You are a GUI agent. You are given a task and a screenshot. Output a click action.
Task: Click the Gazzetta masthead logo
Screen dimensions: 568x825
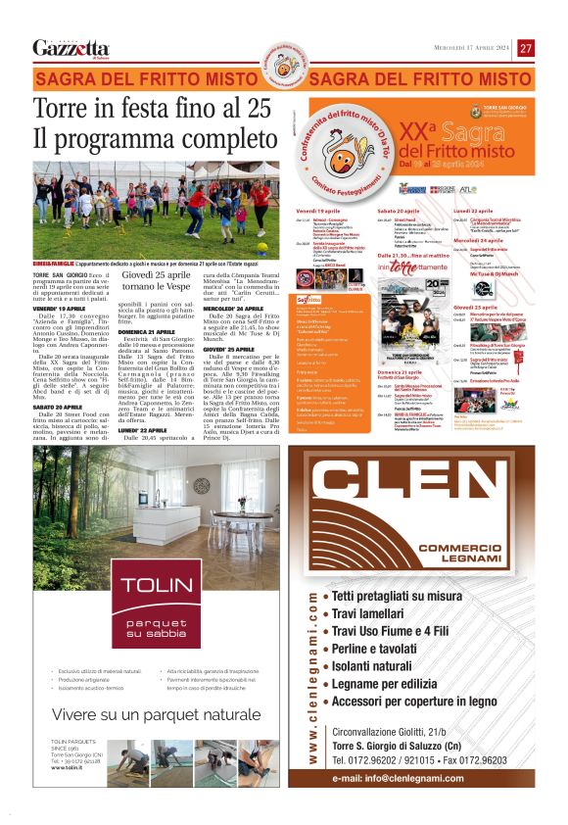[71, 48]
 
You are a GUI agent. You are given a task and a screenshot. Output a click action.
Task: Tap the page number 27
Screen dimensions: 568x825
[526, 48]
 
